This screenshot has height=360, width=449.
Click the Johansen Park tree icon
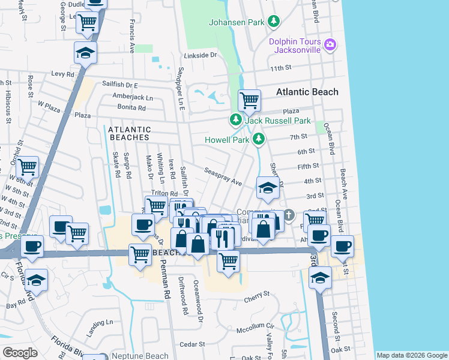pos(274,22)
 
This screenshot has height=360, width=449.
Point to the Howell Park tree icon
pos(259,139)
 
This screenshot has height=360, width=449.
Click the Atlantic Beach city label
pos(307,92)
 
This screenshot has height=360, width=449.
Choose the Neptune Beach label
pos(140,356)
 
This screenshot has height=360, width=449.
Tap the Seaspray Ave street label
pos(222,177)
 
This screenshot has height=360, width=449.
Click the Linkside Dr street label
pos(200,55)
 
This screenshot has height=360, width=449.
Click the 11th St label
pos(280,68)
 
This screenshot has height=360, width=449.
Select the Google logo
pos(20,353)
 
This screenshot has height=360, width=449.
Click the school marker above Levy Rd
pos(86,52)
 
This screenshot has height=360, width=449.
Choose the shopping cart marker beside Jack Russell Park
pos(249,100)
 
